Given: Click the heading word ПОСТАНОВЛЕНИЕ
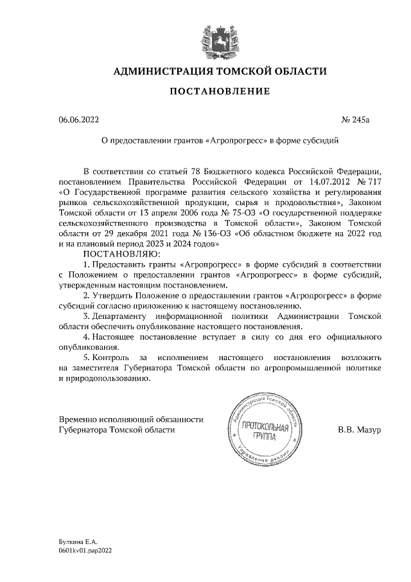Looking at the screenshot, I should click(219, 92).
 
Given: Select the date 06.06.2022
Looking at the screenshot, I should click(79, 119).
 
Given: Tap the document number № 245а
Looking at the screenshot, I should click(366, 119).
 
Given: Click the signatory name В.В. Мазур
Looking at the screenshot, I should click(361, 429).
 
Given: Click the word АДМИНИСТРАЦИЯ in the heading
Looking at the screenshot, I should click(160, 71).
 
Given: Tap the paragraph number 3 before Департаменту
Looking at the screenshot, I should click(87, 316).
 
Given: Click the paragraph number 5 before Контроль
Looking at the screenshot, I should click(87, 357).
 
